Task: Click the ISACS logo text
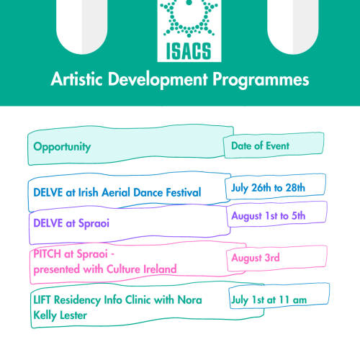[x=189, y=51]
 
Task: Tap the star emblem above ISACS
[x=189, y=19]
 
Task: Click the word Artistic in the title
[x=77, y=79]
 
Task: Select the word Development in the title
[x=158, y=79]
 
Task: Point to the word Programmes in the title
[x=261, y=80]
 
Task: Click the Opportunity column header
[x=62, y=147]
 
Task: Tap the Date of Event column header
[x=260, y=145]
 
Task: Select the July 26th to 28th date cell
[x=268, y=188]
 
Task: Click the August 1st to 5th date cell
[x=268, y=216]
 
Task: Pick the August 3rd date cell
[x=256, y=258]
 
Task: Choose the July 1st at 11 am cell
[x=269, y=300]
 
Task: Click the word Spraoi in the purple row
[x=94, y=223]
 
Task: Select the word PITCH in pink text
[x=47, y=253]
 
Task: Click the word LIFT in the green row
[x=42, y=300]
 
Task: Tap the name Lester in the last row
[x=73, y=315]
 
